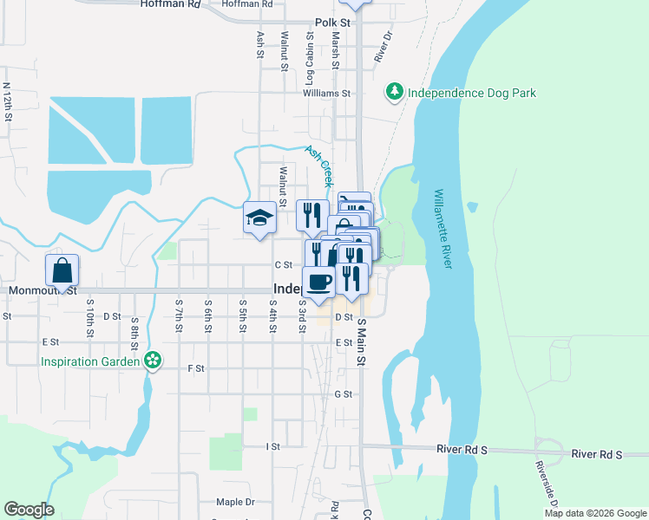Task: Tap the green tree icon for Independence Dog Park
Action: (x=395, y=91)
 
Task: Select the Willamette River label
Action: (x=442, y=229)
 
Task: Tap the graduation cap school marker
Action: (x=259, y=218)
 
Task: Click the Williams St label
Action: (x=326, y=93)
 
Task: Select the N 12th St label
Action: (x=7, y=101)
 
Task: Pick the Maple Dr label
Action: (x=235, y=502)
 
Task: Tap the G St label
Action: (x=343, y=394)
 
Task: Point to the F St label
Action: (x=195, y=368)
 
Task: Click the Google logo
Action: (x=29, y=510)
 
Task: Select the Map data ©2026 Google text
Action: (x=595, y=513)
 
